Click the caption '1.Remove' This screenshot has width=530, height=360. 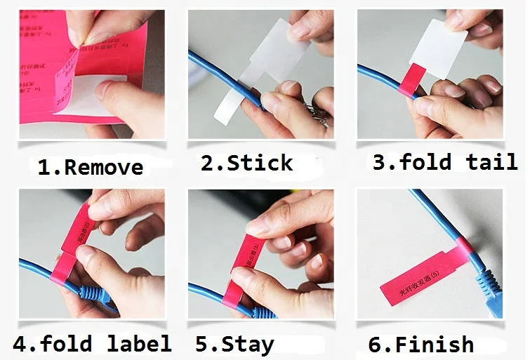coord(90,167)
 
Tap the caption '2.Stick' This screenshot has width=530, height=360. coord(246,164)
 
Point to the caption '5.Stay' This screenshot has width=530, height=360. coord(234,344)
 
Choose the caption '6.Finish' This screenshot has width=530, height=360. coord(420,345)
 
